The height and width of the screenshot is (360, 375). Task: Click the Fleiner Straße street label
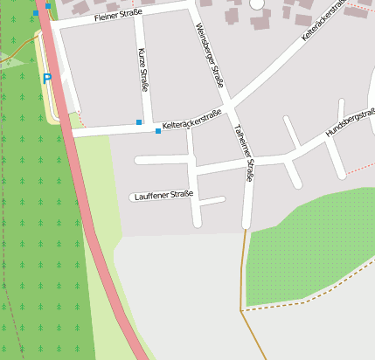[117, 16]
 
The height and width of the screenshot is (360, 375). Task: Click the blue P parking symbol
[47, 79]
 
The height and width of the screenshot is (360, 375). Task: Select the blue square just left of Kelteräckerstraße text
[158, 131]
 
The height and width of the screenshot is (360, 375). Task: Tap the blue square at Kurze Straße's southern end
[139, 122]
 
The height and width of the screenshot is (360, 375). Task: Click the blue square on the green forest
[36, 13]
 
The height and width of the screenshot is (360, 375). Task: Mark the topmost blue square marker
[48, 6]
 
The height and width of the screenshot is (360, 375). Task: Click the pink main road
[96, 236]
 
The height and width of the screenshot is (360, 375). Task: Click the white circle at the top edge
[257, 3]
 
